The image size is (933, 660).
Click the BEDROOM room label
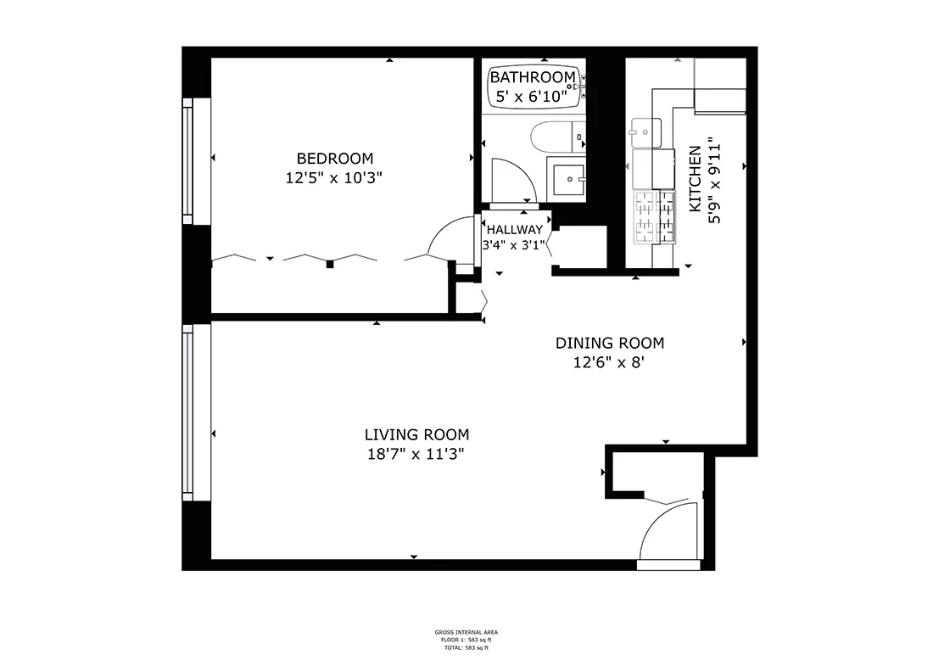click(x=334, y=158)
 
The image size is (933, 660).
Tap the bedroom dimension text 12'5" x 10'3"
click(x=334, y=178)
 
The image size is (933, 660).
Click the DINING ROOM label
click(x=609, y=343)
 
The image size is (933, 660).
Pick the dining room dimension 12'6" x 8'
click(x=609, y=363)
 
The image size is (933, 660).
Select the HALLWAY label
click(x=514, y=229)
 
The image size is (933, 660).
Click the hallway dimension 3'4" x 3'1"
click(x=514, y=245)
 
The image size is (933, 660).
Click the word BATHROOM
click(x=532, y=78)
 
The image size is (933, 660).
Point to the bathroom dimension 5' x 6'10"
click(x=532, y=97)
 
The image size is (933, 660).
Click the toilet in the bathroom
click(x=556, y=136)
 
